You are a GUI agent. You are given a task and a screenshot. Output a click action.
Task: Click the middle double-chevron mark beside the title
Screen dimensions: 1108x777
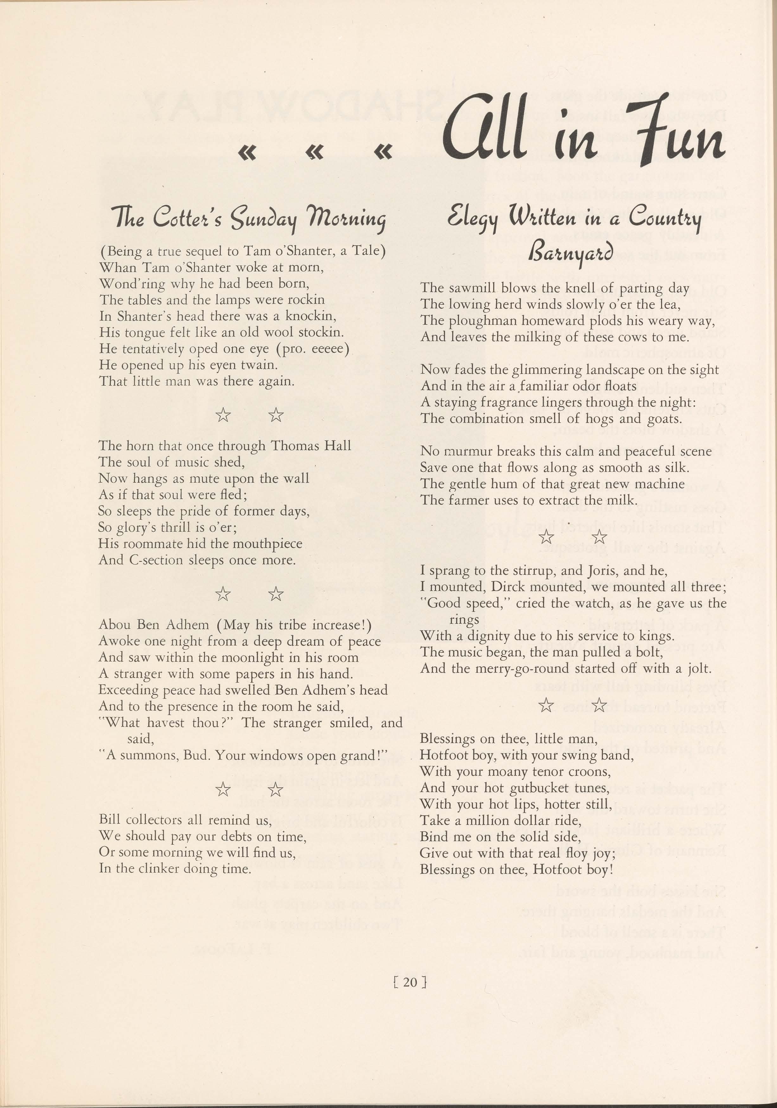coord(315,152)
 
